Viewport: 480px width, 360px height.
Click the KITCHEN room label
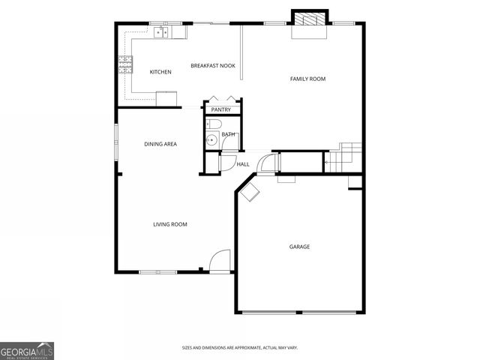(160, 72)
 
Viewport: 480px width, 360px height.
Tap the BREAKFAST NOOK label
(213, 66)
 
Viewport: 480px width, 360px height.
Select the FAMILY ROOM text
(307, 79)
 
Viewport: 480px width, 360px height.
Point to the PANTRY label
(220, 110)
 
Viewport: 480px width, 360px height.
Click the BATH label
(227, 134)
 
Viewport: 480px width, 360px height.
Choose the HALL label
(243, 164)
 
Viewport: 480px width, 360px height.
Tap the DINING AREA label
(160, 143)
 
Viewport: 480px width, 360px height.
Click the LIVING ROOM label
(170, 224)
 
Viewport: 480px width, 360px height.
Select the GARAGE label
(300, 247)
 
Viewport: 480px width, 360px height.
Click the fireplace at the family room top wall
(309, 22)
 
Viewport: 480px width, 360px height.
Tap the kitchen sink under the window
(161, 31)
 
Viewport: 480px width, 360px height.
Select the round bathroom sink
(211, 139)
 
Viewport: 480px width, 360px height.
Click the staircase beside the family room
(346, 157)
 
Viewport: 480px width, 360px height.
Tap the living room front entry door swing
(219, 260)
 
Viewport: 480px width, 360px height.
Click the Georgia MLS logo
(27, 350)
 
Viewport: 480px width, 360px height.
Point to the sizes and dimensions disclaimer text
(240, 347)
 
